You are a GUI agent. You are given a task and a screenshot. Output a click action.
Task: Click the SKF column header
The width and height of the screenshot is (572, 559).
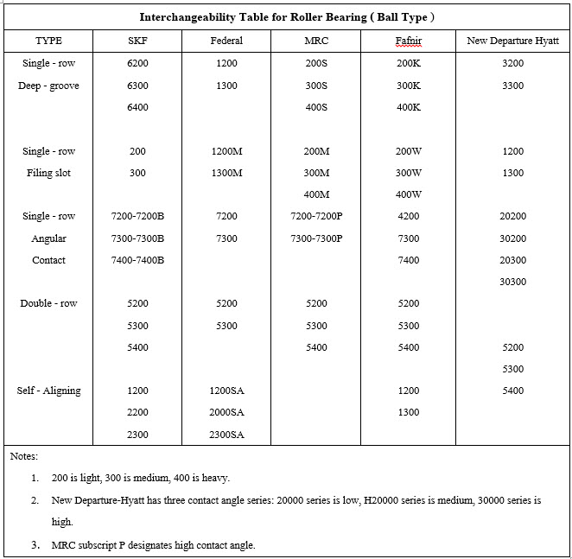coord(137,41)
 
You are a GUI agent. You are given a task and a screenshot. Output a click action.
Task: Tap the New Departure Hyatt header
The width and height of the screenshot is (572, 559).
coord(512,41)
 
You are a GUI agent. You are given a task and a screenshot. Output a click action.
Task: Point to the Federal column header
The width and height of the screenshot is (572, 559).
coord(226,41)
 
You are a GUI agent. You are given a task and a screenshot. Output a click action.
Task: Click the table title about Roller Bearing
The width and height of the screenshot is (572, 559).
coord(287,16)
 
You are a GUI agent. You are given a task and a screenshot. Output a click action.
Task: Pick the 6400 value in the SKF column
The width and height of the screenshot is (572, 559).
coord(137,107)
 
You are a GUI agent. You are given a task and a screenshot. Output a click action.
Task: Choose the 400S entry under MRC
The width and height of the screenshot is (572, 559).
coord(316,107)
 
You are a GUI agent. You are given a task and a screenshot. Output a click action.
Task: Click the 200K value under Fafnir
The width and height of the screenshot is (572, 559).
coord(409,63)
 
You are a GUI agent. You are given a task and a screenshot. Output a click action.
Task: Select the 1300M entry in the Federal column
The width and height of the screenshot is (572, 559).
coord(226,173)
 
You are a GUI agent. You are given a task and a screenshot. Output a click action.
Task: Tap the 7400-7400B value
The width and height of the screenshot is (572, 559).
coord(137,260)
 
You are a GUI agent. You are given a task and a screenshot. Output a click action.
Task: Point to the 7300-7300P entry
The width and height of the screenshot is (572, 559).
coord(316,238)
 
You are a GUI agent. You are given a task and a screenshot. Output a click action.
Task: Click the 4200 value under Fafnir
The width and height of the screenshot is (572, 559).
coord(409,216)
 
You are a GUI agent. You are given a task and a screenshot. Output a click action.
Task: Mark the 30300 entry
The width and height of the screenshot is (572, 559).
coord(512,282)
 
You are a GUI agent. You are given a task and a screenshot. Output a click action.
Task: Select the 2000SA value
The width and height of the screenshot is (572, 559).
coord(226,413)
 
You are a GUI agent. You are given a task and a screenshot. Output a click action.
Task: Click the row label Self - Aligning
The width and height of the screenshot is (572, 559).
coord(48,391)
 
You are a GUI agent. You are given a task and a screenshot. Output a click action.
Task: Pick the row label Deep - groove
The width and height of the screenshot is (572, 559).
coord(48,86)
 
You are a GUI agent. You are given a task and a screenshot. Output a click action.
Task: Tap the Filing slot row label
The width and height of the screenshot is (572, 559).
coord(48,173)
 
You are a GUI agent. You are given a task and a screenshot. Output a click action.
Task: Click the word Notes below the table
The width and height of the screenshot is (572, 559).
coord(24,455)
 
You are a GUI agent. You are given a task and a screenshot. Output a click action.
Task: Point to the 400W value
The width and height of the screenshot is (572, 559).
coord(409,194)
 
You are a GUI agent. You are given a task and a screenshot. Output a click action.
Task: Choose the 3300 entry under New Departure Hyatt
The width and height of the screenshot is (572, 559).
coord(512,86)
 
